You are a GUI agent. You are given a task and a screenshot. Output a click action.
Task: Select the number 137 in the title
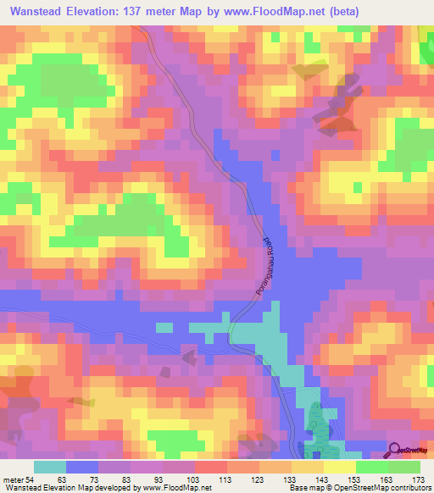coord(142,12)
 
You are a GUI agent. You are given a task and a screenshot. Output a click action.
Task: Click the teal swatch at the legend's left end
coord(50,467)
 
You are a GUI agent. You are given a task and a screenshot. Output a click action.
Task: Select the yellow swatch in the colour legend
coord(308,467)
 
